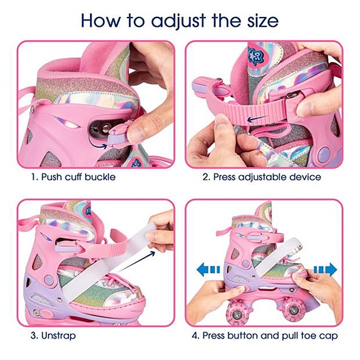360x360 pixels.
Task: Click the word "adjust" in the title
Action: point(178,21)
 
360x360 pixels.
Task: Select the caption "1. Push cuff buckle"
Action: point(73,177)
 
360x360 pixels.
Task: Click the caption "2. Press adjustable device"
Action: point(262,177)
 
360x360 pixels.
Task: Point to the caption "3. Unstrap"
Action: point(53,336)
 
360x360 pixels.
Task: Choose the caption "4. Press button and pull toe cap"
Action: point(265,336)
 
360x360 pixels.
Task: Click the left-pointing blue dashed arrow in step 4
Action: point(208,269)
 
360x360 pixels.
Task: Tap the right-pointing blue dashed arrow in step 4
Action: point(326,269)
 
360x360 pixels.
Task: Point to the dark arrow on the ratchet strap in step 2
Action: point(257,118)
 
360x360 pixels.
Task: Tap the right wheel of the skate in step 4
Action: point(292,310)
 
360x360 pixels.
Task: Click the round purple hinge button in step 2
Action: point(323,153)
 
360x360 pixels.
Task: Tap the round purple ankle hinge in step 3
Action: point(49,279)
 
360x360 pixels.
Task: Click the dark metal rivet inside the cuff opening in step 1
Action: point(106,128)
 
